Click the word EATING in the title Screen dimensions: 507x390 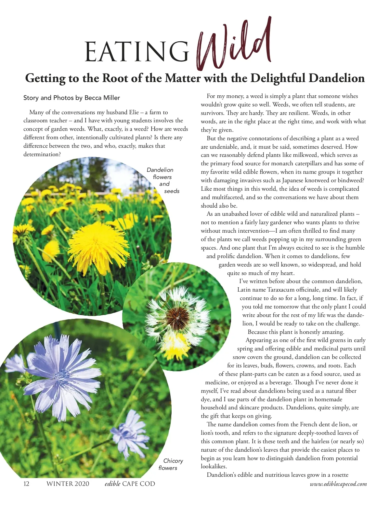(136, 52)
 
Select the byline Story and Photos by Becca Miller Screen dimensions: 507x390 (71, 98)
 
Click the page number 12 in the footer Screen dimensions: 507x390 (26, 484)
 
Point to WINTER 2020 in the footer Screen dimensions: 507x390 (68, 484)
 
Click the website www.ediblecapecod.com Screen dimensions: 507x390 (338, 484)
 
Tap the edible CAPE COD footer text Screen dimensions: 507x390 (130, 484)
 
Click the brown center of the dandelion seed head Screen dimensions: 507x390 (177, 317)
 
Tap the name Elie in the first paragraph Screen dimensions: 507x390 (134, 112)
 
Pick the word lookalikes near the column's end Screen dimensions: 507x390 (214, 466)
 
